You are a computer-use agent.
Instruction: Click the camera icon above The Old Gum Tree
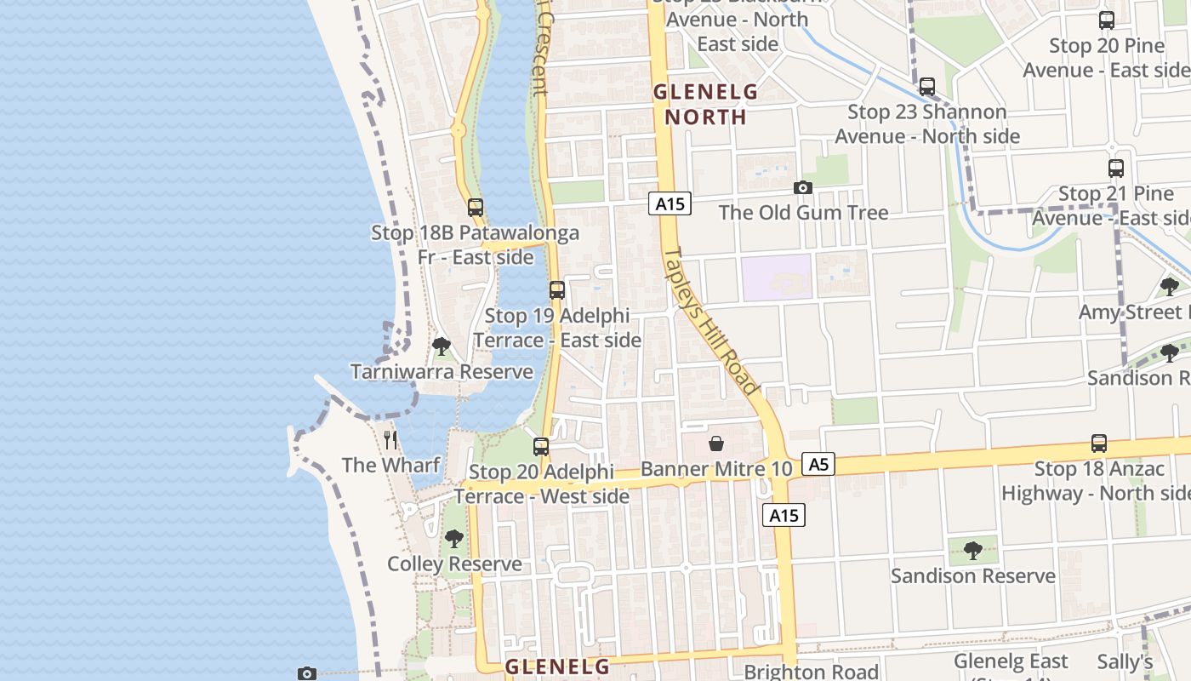tap(802, 188)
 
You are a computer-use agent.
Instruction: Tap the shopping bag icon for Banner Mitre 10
tap(716, 444)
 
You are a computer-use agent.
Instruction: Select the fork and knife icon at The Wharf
tap(390, 440)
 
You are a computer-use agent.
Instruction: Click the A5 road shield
tap(818, 464)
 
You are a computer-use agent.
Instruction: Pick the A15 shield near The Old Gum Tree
tap(670, 203)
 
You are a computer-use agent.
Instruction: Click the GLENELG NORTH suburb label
tap(705, 104)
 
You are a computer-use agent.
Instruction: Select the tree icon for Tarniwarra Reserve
tap(441, 346)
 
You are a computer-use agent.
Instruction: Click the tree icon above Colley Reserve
tap(454, 539)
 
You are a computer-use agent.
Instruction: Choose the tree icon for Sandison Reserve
tap(973, 551)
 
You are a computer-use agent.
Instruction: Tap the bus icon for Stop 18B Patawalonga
tap(476, 207)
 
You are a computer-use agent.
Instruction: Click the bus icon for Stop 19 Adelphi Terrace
tap(557, 290)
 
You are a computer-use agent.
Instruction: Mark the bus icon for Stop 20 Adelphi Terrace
tap(541, 446)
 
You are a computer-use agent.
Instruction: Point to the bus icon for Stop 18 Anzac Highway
tap(1099, 444)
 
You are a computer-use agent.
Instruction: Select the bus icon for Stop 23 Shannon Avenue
tap(927, 87)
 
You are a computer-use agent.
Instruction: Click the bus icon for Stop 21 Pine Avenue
tap(1116, 169)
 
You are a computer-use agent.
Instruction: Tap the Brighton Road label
tap(811, 672)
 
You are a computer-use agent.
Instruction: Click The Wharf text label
tap(390, 465)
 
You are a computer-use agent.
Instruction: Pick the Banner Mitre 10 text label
tap(716, 468)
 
